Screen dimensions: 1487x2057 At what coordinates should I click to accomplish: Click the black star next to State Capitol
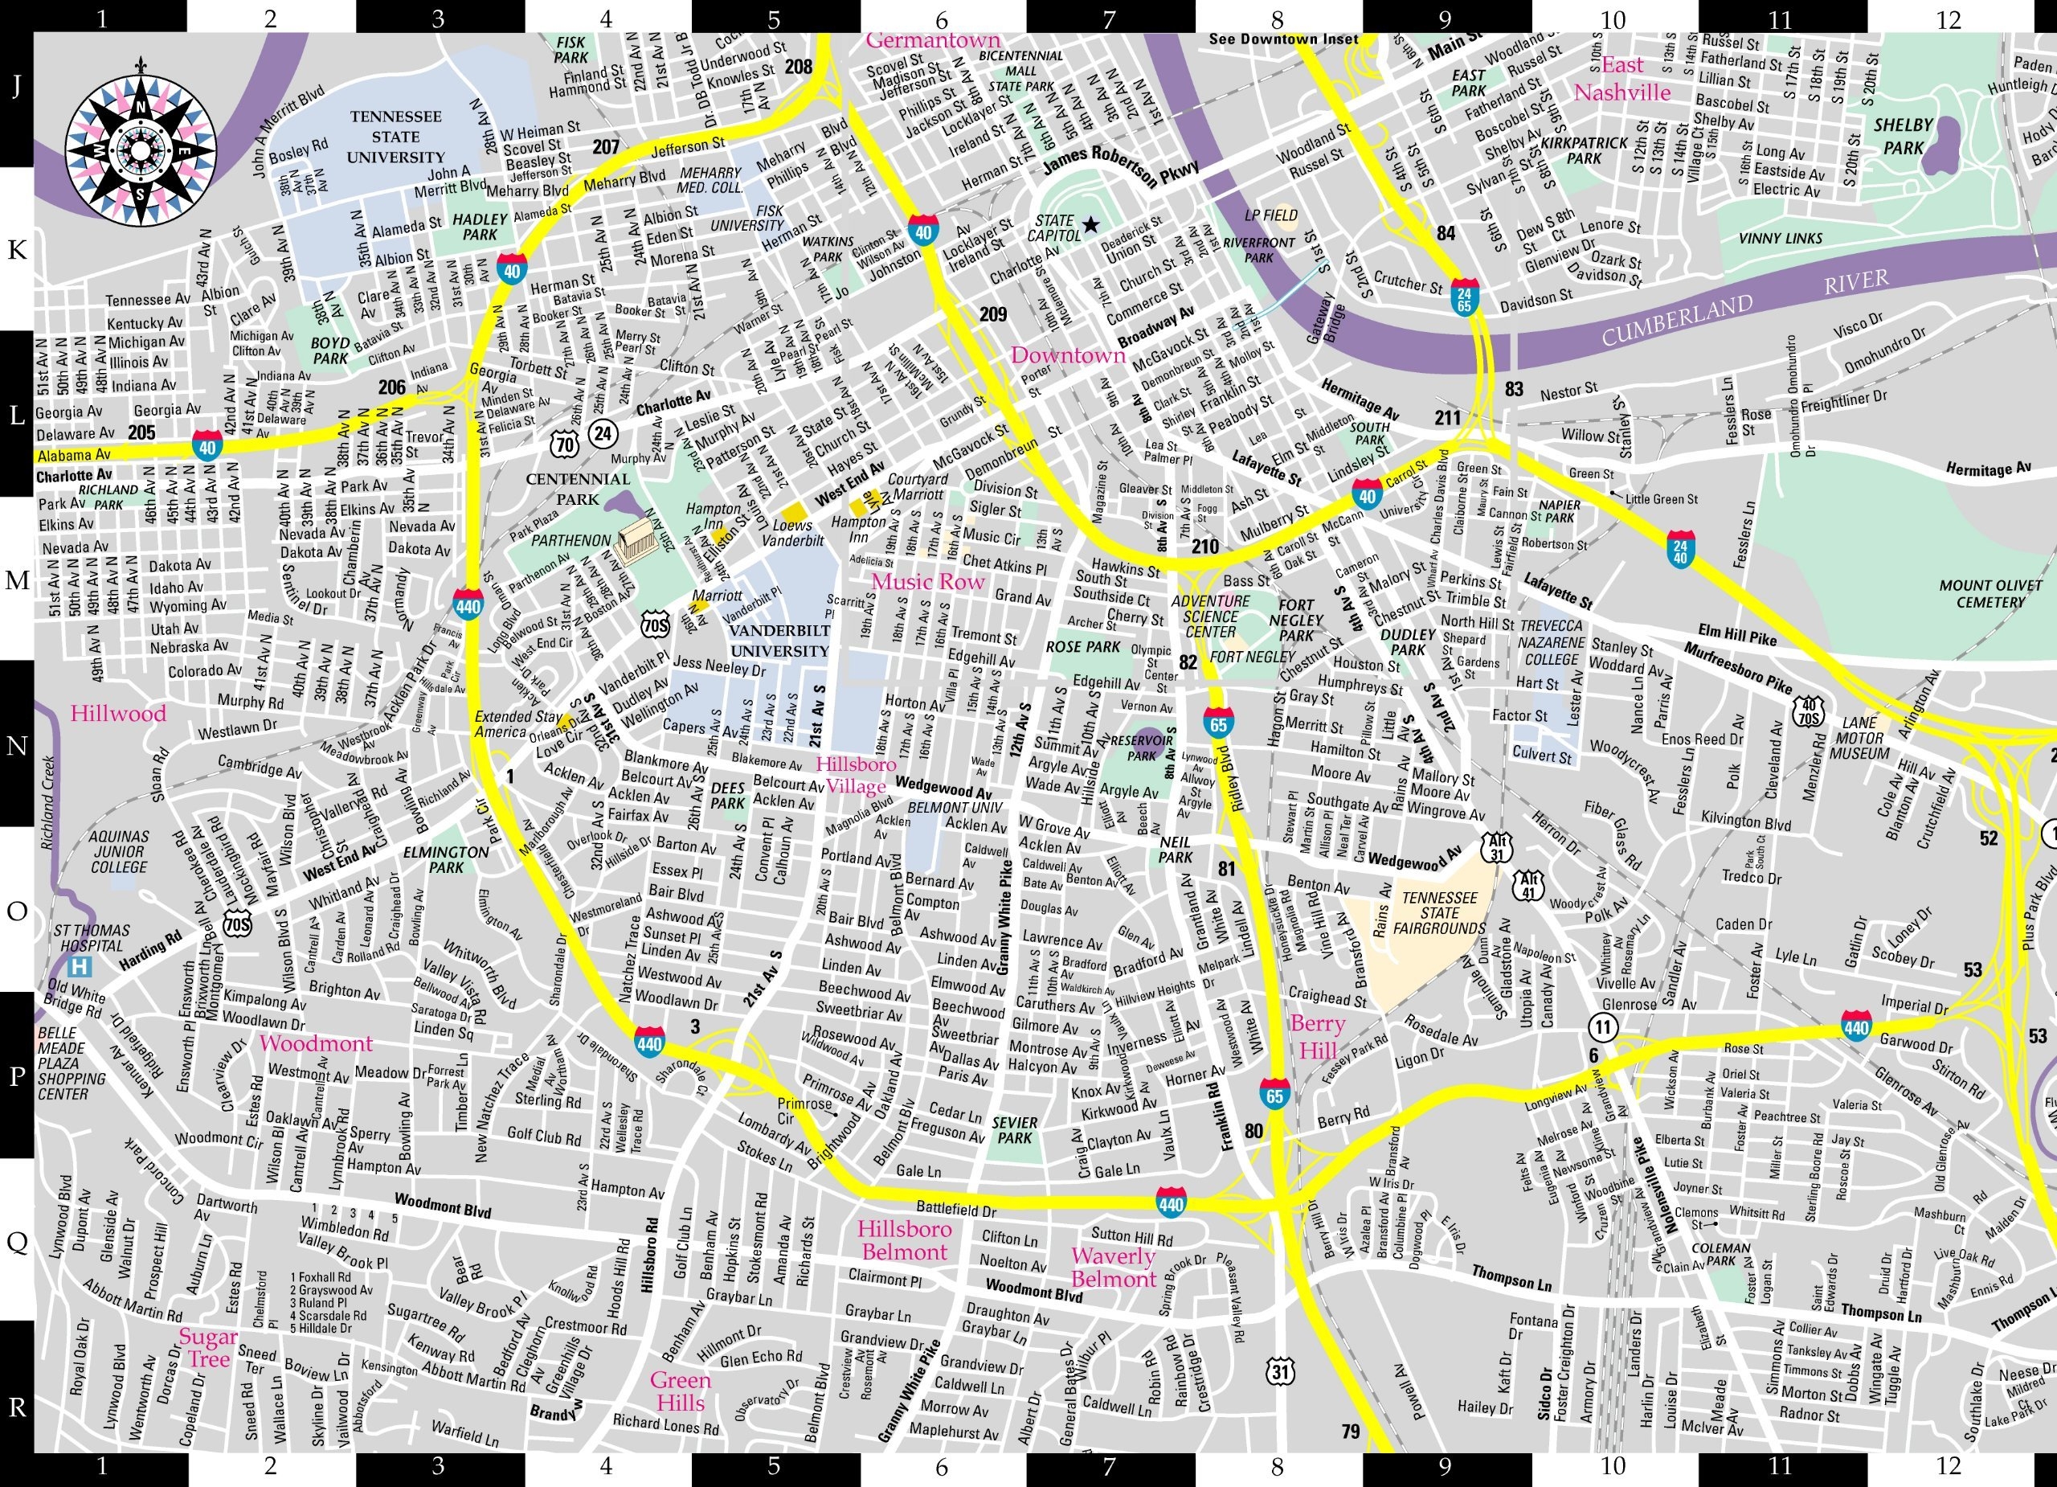[x=1090, y=223]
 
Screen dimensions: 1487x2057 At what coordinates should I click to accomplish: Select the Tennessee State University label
[x=396, y=137]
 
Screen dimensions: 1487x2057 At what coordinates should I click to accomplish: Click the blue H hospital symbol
[x=84, y=965]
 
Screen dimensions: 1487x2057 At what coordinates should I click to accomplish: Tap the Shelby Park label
[x=1903, y=136]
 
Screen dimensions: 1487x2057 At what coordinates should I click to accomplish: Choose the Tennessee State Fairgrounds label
[x=1439, y=913]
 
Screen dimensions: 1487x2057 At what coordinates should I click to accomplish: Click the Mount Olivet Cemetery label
[x=1991, y=593]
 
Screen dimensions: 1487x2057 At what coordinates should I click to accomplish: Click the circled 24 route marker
[x=602, y=435]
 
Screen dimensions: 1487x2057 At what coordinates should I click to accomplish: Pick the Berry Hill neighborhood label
[x=1317, y=1037]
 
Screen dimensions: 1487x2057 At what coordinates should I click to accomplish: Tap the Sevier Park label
[x=1014, y=1129]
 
